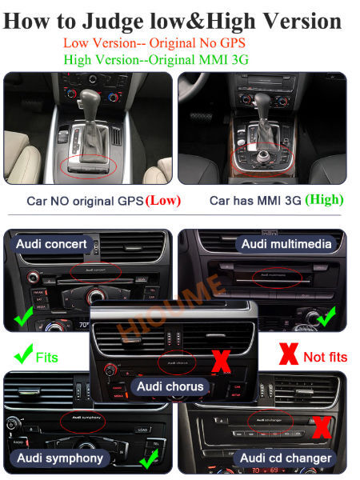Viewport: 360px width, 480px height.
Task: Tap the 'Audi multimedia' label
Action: (286, 244)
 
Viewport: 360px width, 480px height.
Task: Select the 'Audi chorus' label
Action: (170, 386)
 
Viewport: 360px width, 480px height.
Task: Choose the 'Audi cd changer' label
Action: (286, 458)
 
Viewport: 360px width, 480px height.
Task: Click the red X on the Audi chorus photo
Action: (219, 362)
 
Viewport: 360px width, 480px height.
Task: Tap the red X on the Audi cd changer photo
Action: (321, 426)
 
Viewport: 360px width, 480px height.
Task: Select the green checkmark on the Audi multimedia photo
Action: (325, 318)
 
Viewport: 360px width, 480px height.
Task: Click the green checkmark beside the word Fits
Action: (24, 354)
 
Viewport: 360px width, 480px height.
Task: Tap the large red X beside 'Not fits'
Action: (290, 354)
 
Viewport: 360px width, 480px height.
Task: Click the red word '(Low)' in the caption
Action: (162, 200)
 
